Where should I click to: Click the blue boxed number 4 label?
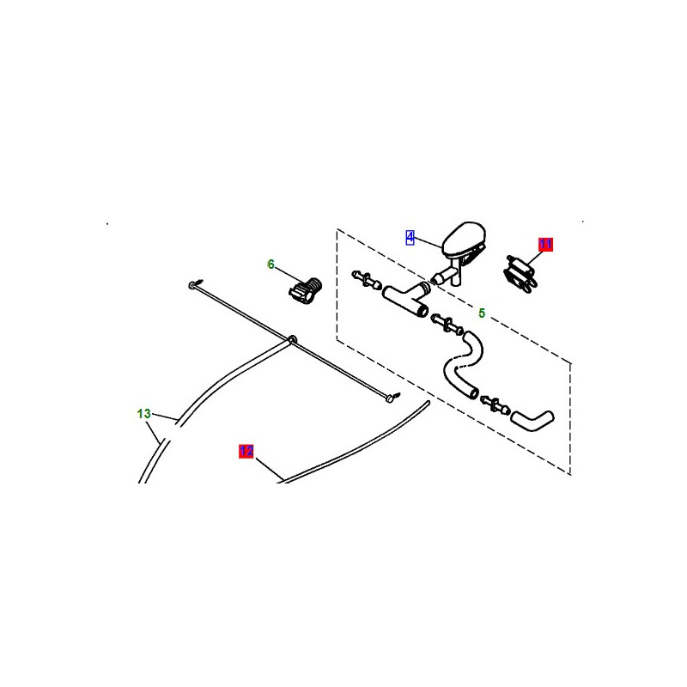coord(410,238)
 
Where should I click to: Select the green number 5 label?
coord(482,313)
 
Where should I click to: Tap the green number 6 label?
coord(271,264)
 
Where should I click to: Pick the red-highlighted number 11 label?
coord(545,244)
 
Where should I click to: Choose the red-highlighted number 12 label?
coord(246,452)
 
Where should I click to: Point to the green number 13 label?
coord(143,414)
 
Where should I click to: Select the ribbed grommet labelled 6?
coord(306,290)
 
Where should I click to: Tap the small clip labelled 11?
coord(520,274)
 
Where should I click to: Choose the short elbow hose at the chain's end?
coord(532,420)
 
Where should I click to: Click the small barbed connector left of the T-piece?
coord(367,280)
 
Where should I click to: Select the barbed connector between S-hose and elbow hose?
coord(495,404)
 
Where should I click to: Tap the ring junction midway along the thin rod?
coord(292,339)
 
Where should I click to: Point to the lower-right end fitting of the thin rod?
coord(392,397)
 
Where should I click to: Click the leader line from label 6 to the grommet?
coord(289,275)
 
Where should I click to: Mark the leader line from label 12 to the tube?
coord(270,469)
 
